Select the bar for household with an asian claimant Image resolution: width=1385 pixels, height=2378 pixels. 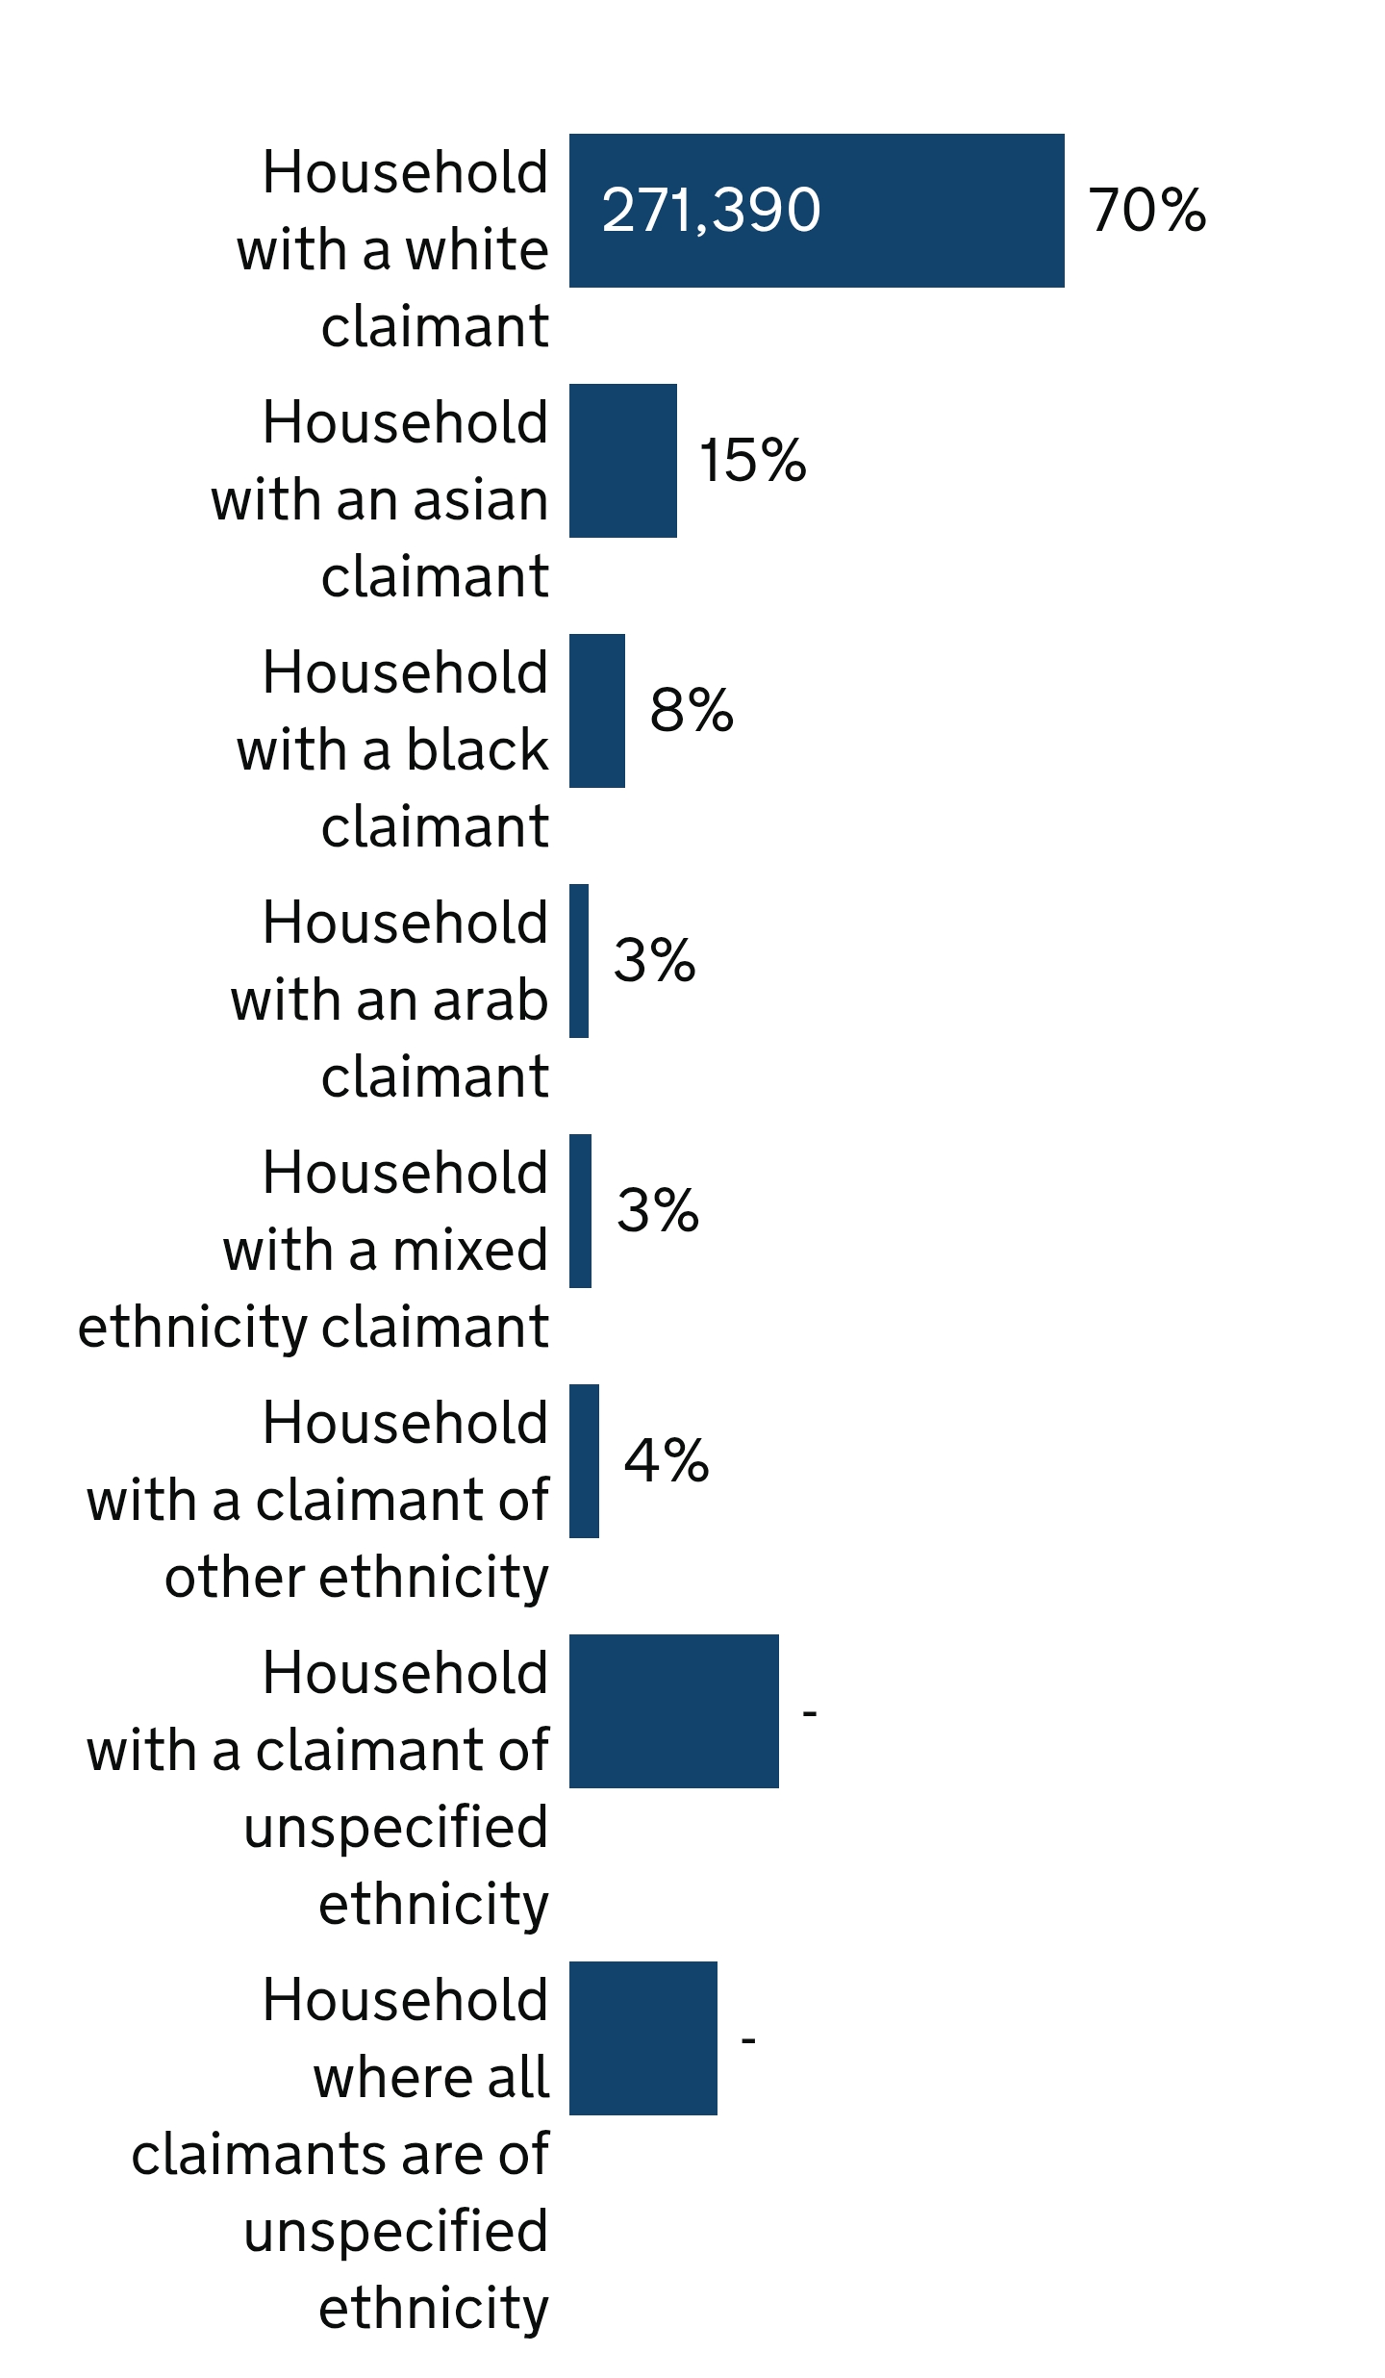623,461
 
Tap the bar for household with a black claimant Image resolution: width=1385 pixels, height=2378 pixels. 597,711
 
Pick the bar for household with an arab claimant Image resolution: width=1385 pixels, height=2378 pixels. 579,961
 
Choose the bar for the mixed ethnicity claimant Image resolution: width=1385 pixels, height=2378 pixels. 580,1211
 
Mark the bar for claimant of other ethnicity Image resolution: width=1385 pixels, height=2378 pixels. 584,1461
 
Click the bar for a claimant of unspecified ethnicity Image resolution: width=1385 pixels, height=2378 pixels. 674,1711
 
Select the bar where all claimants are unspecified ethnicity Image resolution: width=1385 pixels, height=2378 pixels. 643,2038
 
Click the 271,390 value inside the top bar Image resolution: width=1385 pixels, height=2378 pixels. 711,211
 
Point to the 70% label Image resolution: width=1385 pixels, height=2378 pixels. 1146,211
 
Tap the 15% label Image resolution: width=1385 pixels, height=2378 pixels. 752,461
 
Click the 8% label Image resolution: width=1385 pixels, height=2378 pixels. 692,711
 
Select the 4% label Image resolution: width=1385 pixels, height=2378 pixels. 667,1461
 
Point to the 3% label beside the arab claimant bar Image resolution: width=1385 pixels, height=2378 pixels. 654,961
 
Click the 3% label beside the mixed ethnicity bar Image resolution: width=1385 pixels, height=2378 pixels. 658,1211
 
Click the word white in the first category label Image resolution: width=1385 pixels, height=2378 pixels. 477,251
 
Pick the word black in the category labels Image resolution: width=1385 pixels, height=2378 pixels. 477,750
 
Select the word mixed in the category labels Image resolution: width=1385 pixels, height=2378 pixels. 470,1252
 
